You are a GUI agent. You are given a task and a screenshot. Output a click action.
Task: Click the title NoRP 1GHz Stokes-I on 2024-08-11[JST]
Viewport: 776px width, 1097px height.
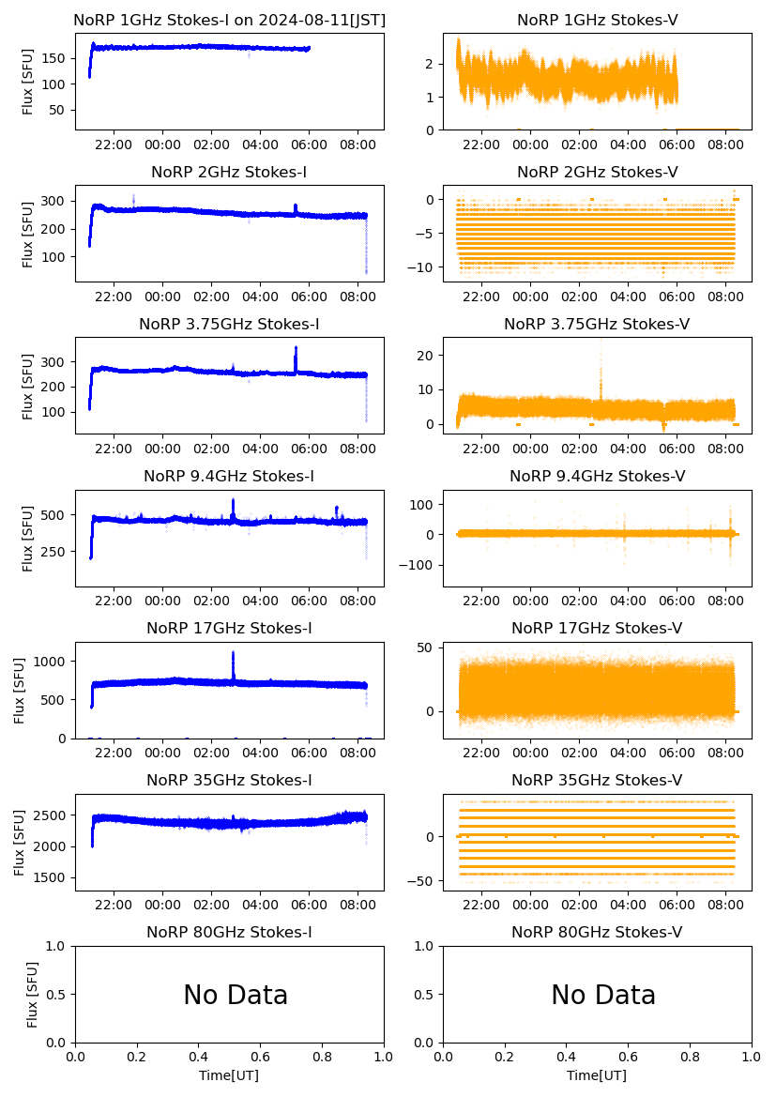coord(229,20)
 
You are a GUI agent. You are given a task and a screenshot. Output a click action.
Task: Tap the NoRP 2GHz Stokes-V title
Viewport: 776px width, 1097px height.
coord(597,172)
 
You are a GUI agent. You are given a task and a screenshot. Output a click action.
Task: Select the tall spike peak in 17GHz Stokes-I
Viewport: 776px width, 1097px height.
coord(233,653)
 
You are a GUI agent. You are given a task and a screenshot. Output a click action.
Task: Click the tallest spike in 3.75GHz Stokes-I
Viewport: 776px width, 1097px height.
coord(296,349)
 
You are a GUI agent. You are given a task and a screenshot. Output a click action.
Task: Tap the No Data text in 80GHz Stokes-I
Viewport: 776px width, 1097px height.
coord(235,995)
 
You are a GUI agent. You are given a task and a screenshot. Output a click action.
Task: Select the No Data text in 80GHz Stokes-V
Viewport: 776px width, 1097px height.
coord(602,995)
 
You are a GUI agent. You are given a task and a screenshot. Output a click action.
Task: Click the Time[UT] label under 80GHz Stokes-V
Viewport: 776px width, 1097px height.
coord(597,1075)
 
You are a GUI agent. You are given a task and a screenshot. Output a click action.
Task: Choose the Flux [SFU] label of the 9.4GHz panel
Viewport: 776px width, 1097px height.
coord(28,541)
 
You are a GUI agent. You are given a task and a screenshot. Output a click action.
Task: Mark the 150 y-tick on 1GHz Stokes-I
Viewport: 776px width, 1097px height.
coord(56,58)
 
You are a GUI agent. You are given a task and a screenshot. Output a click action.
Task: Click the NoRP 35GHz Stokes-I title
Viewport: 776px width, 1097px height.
coord(229,780)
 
